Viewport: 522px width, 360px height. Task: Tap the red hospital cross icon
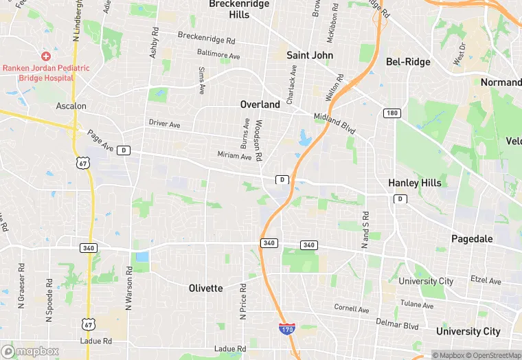[46, 56]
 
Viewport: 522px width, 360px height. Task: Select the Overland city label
[260, 104]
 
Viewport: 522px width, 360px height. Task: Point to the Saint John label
[310, 55]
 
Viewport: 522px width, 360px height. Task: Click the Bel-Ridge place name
[408, 62]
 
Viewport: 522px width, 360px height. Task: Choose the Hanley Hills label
[415, 183]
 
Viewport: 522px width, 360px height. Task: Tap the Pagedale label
[472, 238]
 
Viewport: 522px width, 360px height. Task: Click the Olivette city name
[206, 288]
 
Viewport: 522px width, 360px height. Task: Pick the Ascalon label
[71, 106]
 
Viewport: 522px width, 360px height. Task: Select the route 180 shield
[391, 113]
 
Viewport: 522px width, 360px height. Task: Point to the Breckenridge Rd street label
[206, 38]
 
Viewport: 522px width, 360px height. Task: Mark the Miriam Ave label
[234, 156]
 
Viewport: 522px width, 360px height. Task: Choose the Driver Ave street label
[164, 124]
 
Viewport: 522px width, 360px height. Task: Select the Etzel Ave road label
[486, 280]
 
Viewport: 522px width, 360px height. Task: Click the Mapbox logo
[30, 351]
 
